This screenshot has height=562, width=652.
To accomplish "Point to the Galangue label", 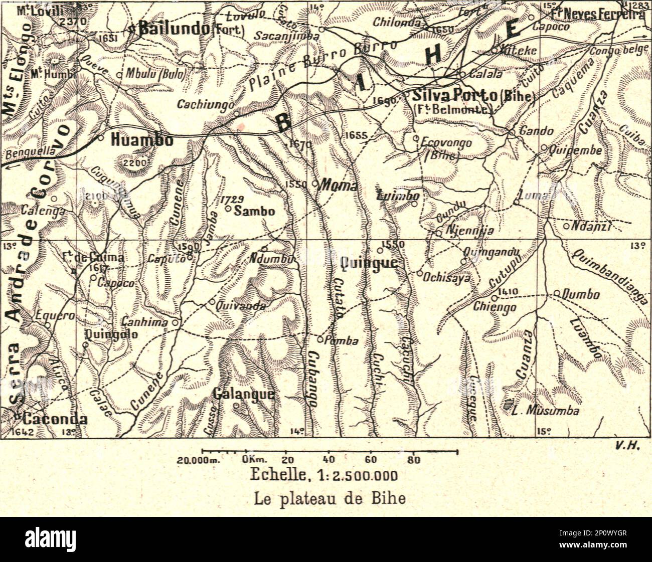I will (244, 394).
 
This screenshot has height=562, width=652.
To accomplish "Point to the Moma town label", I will (339, 185).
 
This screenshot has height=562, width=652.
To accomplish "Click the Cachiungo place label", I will (206, 104).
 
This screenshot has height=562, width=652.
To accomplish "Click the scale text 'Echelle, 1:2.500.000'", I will (323, 475).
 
